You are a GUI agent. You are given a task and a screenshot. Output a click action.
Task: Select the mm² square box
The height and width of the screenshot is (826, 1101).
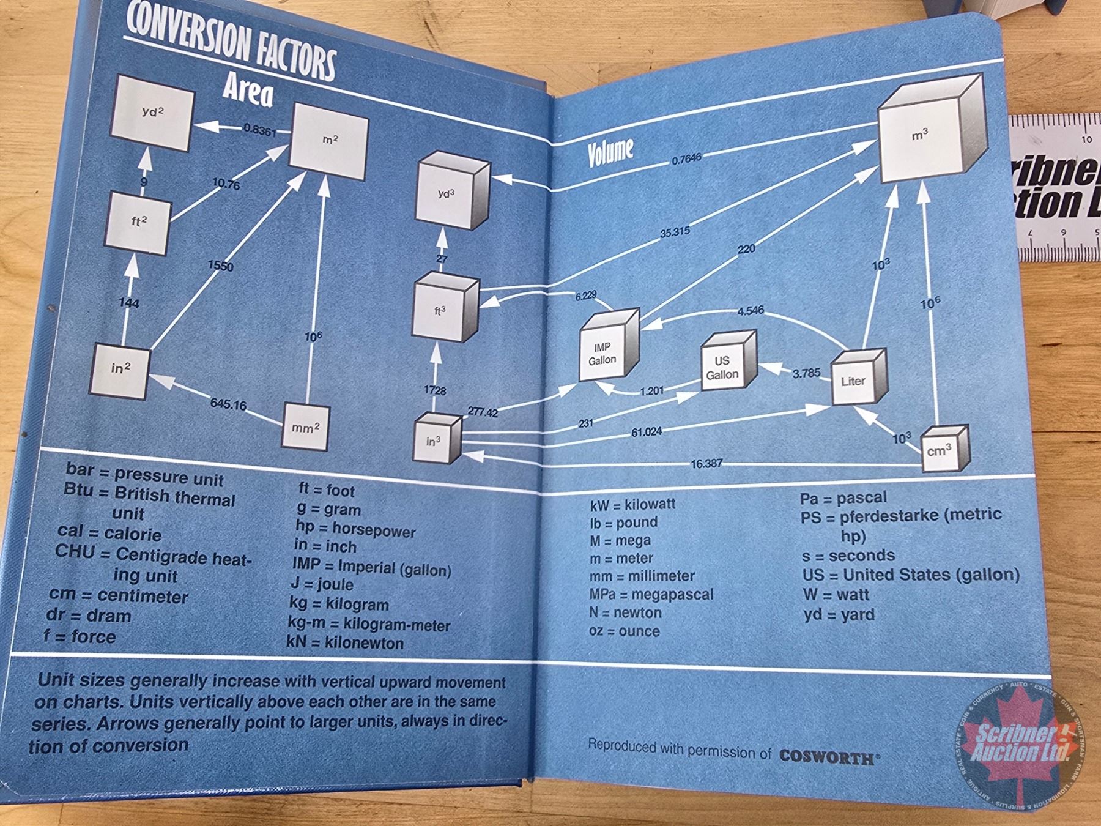[x=305, y=426]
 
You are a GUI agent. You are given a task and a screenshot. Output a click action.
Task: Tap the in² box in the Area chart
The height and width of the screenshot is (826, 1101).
[x=120, y=370]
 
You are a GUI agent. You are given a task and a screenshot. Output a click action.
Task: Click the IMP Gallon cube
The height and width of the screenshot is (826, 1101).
[x=606, y=352]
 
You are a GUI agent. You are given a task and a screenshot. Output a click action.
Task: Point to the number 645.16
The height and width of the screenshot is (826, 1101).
[x=228, y=404]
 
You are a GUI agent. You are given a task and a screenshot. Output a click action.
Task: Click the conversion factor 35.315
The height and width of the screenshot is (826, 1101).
[x=675, y=232]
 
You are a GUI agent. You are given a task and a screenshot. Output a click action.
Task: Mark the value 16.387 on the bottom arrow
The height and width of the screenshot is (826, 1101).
[x=706, y=464]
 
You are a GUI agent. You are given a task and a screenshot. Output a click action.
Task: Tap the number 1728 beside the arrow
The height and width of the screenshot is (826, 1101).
[x=435, y=390]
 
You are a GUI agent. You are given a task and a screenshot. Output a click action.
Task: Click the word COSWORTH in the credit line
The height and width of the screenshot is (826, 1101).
[x=826, y=757]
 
